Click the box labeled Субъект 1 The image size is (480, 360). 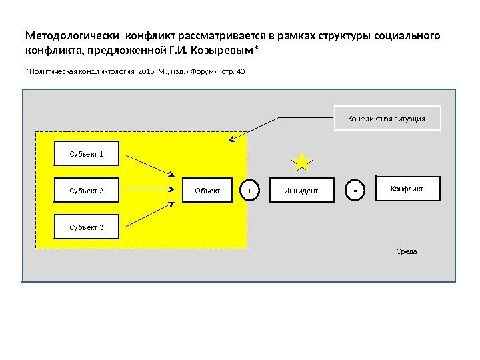pyautogui.click(x=87, y=155)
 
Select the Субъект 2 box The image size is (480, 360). pyautogui.click(x=87, y=191)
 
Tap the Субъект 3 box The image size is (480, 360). pyautogui.click(x=87, y=227)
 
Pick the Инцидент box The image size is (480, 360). pyautogui.click(x=301, y=191)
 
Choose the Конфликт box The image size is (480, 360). pyautogui.click(x=407, y=189)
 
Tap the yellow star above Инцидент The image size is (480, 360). pyautogui.click(x=302, y=162)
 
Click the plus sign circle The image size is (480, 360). pyautogui.click(x=249, y=191)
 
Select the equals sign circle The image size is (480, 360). pyautogui.click(x=355, y=191)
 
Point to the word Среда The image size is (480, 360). pyautogui.click(x=406, y=252)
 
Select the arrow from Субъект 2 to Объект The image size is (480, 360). pyautogui.click(x=150, y=191)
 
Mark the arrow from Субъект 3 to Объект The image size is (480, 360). pyautogui.click(x=150, y=215)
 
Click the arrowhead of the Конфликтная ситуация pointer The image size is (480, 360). pyautogui.click(x=231, y=139)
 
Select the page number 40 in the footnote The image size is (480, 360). pyautogui.click(x=241, y=71)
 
